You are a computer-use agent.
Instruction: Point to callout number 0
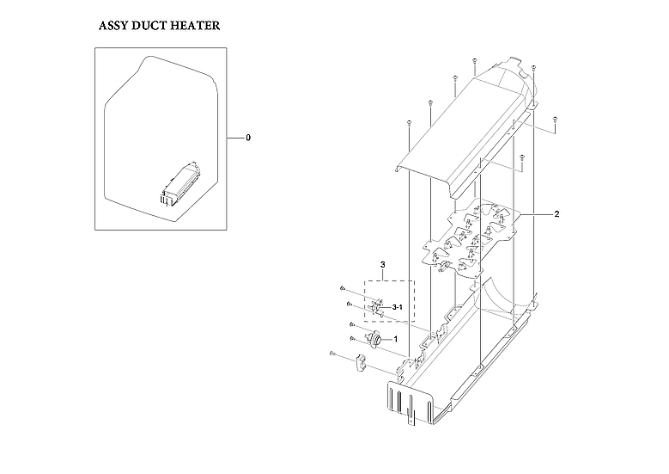(248, 138)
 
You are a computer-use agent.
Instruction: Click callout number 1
(394, 339)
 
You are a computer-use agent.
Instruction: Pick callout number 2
(533, 212)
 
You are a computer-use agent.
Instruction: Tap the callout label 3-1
(398, 307)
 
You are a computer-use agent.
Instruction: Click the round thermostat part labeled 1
(374, 339)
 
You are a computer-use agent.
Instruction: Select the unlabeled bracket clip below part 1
(359, 363)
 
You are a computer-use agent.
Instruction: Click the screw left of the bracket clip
(331, 354)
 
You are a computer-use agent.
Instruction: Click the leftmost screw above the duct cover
(411, 124)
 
